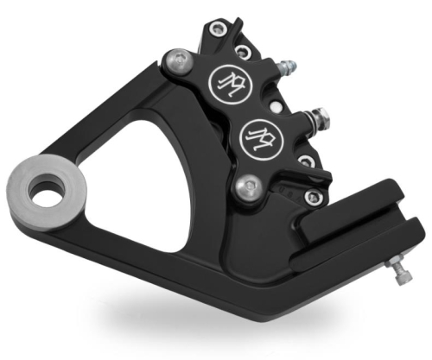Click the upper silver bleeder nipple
point(288,65)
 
